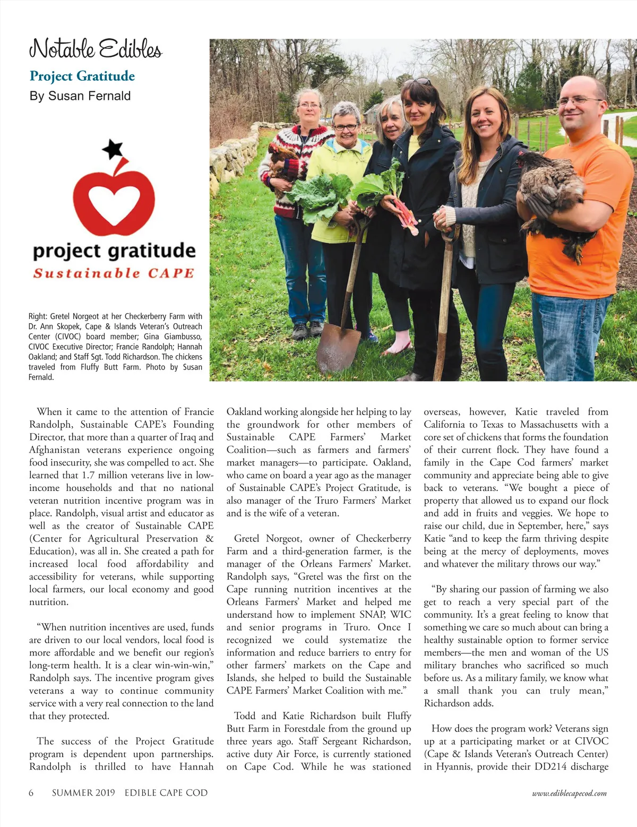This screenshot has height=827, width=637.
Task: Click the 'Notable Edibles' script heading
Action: coord(96,49)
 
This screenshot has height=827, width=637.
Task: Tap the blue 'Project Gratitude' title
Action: coord(82,76)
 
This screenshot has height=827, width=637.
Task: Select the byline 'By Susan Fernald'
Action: coord(80,96)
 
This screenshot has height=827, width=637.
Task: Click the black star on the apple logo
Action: coord(113,149)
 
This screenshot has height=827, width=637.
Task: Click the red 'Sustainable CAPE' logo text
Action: coord(114,273)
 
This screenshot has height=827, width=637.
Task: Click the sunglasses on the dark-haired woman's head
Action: coord(419,82)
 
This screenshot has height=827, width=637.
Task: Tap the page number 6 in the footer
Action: coord(31,793)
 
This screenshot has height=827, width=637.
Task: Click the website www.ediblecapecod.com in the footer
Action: coord(569,794)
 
